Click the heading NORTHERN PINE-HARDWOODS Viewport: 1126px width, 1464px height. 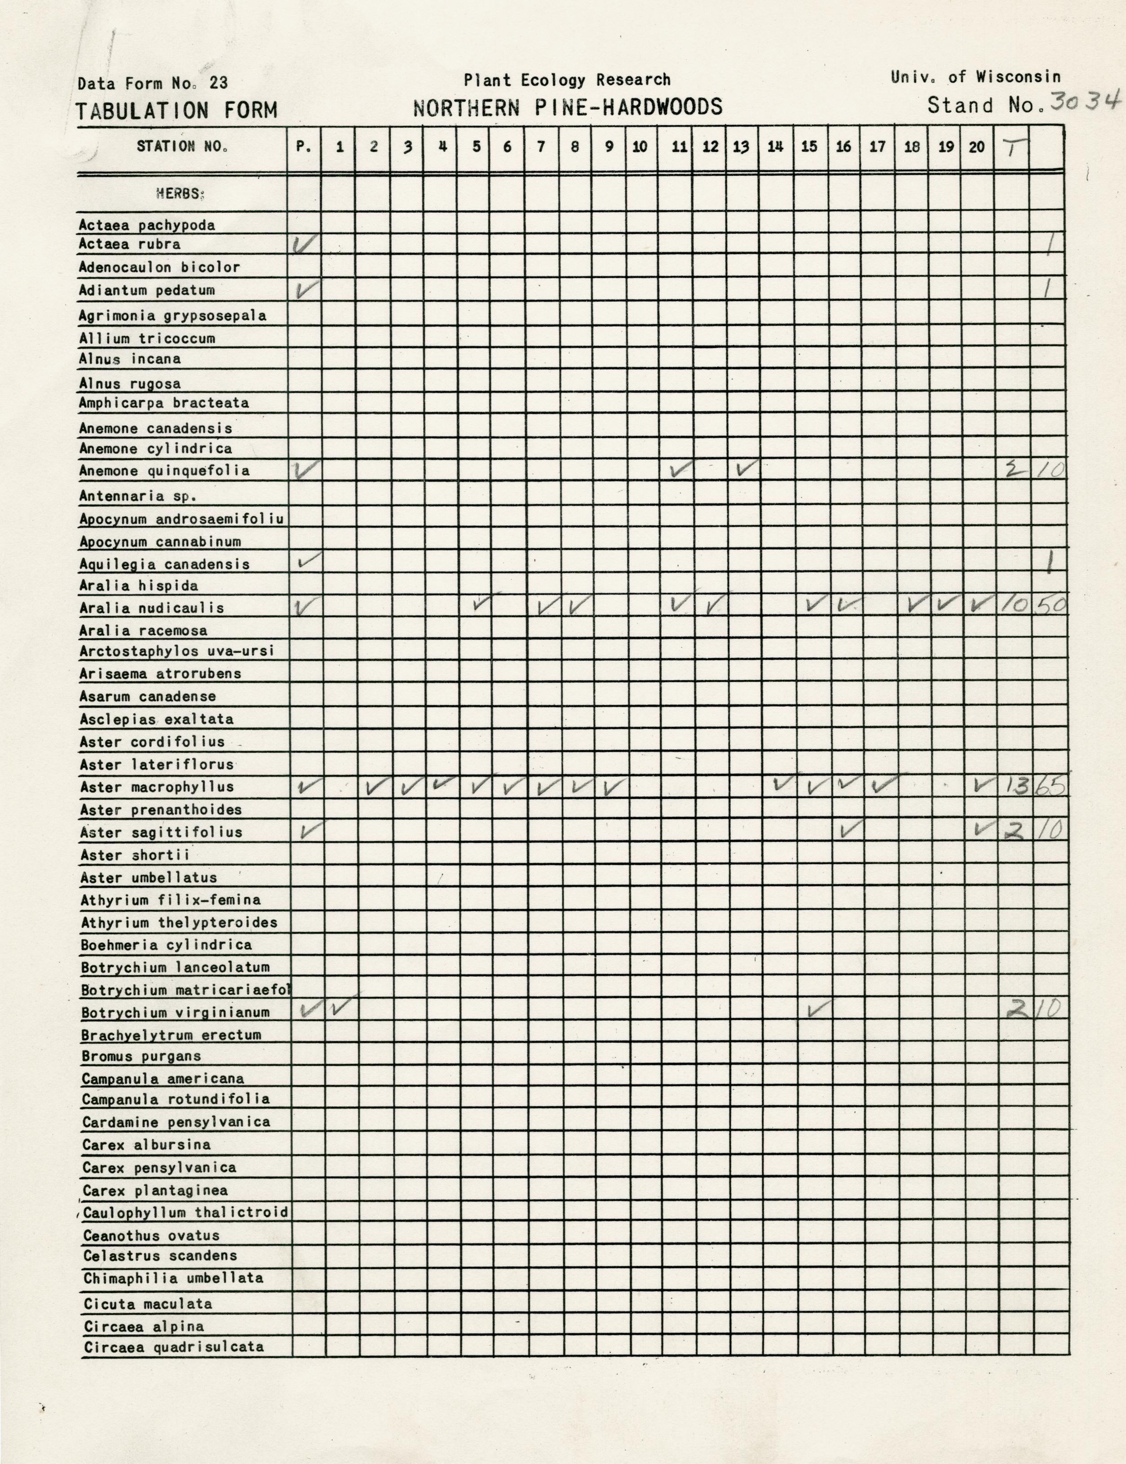pos(567,107)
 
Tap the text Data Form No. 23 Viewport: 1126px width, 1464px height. pos(153,83)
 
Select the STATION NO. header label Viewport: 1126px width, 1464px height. pos(182,146)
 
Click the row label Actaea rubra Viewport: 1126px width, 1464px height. pos(129,244)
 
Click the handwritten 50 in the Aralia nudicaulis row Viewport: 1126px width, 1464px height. pos(1048,606)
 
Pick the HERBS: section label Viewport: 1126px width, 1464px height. pos(180,194)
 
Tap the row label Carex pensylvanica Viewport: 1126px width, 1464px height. pos(159,1168)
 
